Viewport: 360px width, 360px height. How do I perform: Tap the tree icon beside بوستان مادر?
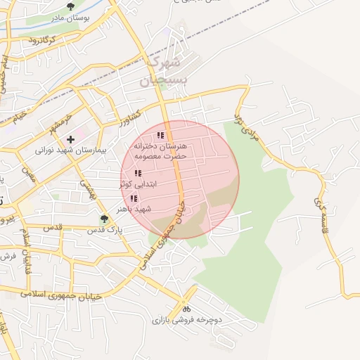(70, 6)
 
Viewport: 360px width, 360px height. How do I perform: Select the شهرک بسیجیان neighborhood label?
(165, 71)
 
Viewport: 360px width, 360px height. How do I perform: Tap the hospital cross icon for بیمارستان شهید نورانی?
(70, 140)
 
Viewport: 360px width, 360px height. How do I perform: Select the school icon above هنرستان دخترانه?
(160, 135)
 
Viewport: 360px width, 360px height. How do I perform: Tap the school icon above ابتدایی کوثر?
(138, 173)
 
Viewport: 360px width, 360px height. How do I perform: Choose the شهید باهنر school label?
(134, 209)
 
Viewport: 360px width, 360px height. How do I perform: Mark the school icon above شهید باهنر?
(134, 199)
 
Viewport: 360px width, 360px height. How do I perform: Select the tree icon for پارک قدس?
(105, 219)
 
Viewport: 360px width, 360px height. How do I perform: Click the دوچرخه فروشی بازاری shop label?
(186, 320)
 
